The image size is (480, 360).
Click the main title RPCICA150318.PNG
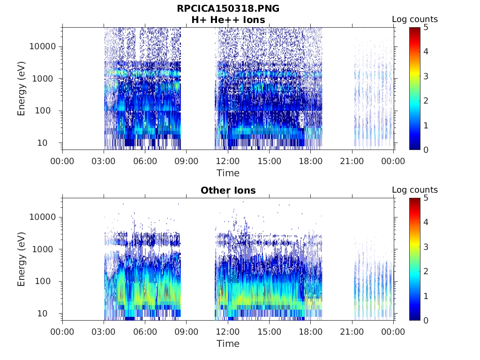[228, 8]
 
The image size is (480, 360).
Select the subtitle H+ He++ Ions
[228, 20]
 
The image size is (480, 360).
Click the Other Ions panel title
[228, 190]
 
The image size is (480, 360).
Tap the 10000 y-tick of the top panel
[43, 46]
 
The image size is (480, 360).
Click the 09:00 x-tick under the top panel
[187, 161]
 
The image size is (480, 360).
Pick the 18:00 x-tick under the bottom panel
[310, 332]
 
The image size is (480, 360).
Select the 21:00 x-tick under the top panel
[352, 161]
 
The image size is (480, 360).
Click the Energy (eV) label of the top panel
[22, 88]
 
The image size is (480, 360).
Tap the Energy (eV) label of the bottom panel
[22, 259]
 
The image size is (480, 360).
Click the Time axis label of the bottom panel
[228, 344]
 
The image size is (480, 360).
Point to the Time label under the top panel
[228, 173]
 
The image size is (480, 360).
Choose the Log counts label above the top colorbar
[414, 19]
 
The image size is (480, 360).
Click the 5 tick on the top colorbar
[426, 27]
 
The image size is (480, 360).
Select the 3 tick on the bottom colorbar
[426, 247]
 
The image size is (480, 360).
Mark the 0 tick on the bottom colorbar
[426, 320]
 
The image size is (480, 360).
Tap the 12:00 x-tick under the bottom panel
[228, 332]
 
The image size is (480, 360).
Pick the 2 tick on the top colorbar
[426, 101]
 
